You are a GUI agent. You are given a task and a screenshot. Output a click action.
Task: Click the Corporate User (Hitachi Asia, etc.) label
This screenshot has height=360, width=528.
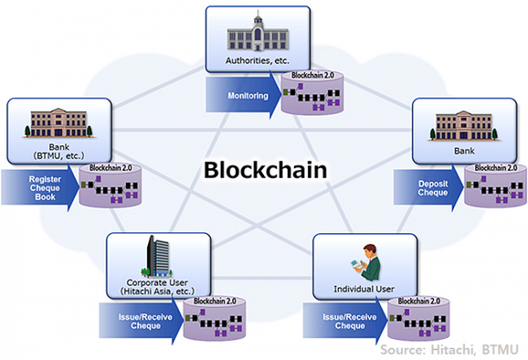(x=159, y=286)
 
